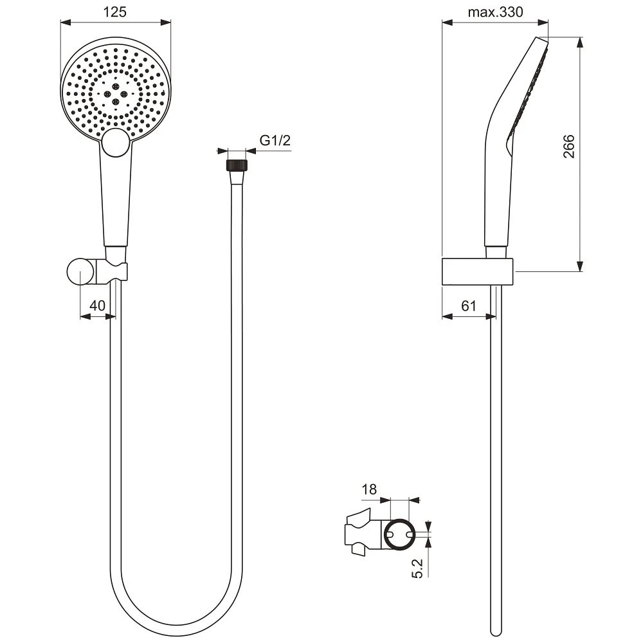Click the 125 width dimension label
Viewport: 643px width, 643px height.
pos(115,12)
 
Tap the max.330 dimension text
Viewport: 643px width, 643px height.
pos(495,12)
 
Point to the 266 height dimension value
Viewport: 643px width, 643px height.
pos(569,147)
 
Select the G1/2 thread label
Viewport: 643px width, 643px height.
pos(275,141)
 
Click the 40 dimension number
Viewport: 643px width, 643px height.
pos(98,305)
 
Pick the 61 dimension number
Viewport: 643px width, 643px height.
pos(469,305)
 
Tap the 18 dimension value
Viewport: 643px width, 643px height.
pos(369,489)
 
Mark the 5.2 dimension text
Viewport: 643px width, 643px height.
pos(417,568)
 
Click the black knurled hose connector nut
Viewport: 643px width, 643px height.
pos(237,165)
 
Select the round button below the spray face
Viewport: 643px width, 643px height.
pos(116,142)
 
